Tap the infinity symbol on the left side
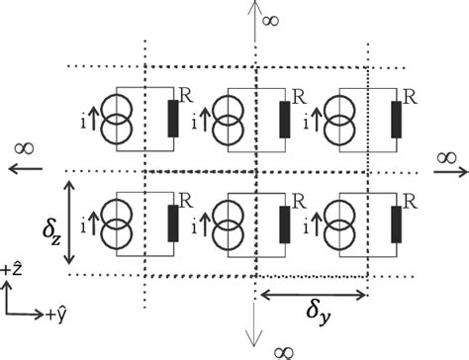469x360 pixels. click(27, 148)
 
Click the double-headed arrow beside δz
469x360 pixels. click(69, 223)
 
